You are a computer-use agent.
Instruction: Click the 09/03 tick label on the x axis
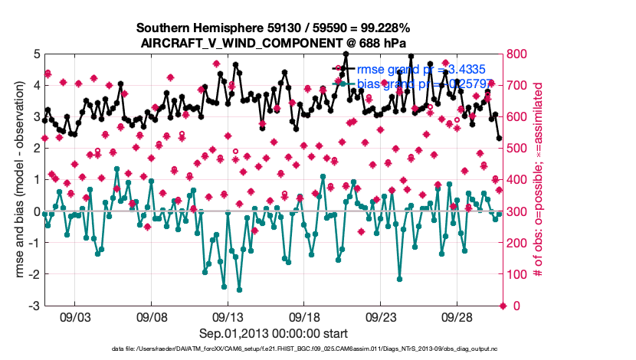75,316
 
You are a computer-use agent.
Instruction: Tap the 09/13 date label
228,316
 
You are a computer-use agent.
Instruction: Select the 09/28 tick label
457,316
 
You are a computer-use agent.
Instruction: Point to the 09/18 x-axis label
304,316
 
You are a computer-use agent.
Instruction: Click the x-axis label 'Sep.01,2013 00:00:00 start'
272,333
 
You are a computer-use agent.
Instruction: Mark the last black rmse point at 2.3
499,139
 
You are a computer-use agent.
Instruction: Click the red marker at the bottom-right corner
503,306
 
